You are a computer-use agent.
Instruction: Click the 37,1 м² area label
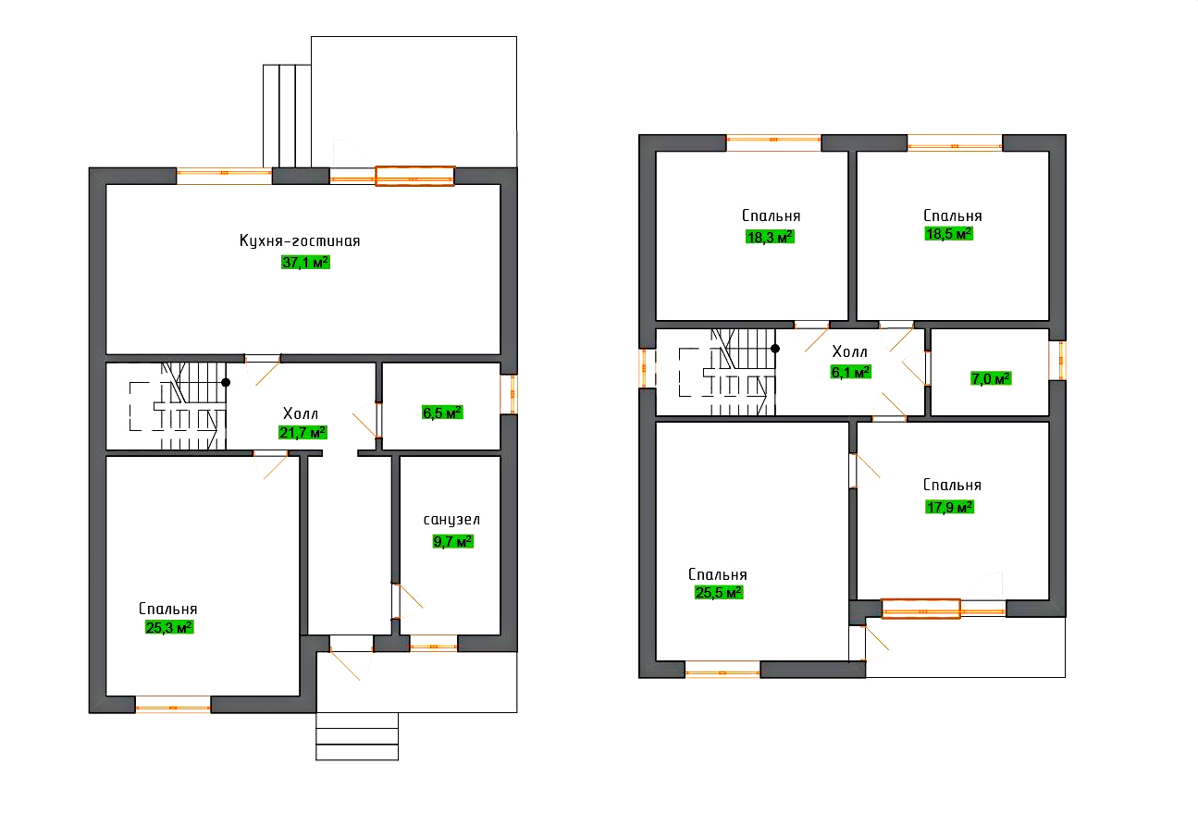pyautogui.click(x=305, y=262)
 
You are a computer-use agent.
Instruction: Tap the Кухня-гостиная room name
pyautogui.click(x=300, y=240)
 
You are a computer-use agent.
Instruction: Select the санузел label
pyautogui.click(x=451, y=520)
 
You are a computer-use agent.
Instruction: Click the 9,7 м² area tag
pyautogui.click(x=453, y=542)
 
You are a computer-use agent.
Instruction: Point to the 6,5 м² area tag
pyautogui.click(x=442, y=413)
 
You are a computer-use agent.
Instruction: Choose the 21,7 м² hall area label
pyautogui.click(x=303, y=432)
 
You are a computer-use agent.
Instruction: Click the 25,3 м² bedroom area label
pyautogui.click(x=169, y=627)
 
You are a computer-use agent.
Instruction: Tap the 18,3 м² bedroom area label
pyautogui.click(x=770, y=237)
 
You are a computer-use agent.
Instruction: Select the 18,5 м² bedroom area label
pyautogui.click(x=949, y=234)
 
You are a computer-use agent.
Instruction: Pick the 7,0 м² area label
pyautogui.click(x=991, y=378)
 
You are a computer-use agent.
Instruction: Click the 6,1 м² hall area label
pyautogui.click(x=851, y=372)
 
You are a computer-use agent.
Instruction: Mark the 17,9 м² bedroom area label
pyautogui.click(x=949, y=507)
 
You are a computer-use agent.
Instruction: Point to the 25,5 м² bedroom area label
pyautogui.click(x=719, y=593)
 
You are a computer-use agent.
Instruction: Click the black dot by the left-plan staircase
pyautogui.click(x=226, y=382)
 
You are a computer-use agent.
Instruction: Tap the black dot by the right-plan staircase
pyautogui.click(x=775, y=348)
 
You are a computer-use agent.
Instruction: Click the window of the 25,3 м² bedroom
pyautogui.click(x=173, y=706)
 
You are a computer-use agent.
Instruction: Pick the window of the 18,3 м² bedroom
pyautogui.click(x=773, y=142)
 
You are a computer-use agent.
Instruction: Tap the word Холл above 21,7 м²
pyautogui.click(x=301, y=413)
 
